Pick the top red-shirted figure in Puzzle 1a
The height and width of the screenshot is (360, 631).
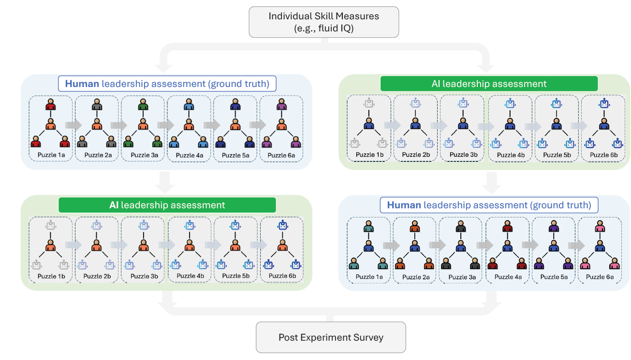click(51, 104)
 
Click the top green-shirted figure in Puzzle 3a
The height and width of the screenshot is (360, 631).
click(143, 104)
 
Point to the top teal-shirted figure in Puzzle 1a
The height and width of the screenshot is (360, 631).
click(369, 226)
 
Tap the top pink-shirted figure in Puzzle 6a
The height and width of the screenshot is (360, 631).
click(600, 226)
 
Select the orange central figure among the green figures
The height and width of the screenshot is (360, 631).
click(143, 124)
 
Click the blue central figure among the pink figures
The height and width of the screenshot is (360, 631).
click(600, 246)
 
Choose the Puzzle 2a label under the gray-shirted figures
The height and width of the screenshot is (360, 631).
click(98, 155)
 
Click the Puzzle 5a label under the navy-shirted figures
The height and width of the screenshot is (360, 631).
click(235, 156)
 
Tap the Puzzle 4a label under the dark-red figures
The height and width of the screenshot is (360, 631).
click(508, 277)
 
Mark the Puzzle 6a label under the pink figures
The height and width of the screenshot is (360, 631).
click(600, 277)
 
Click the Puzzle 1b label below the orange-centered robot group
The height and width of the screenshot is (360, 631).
click(51, 276)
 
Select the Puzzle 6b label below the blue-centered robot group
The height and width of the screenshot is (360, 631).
click(603, 155)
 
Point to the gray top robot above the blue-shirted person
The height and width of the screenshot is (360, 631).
click(369, 103)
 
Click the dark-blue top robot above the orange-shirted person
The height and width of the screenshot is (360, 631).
click(282, 225)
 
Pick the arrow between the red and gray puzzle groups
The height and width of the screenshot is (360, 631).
click(73, 125)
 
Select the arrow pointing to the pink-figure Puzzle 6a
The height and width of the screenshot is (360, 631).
click(577, 246)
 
